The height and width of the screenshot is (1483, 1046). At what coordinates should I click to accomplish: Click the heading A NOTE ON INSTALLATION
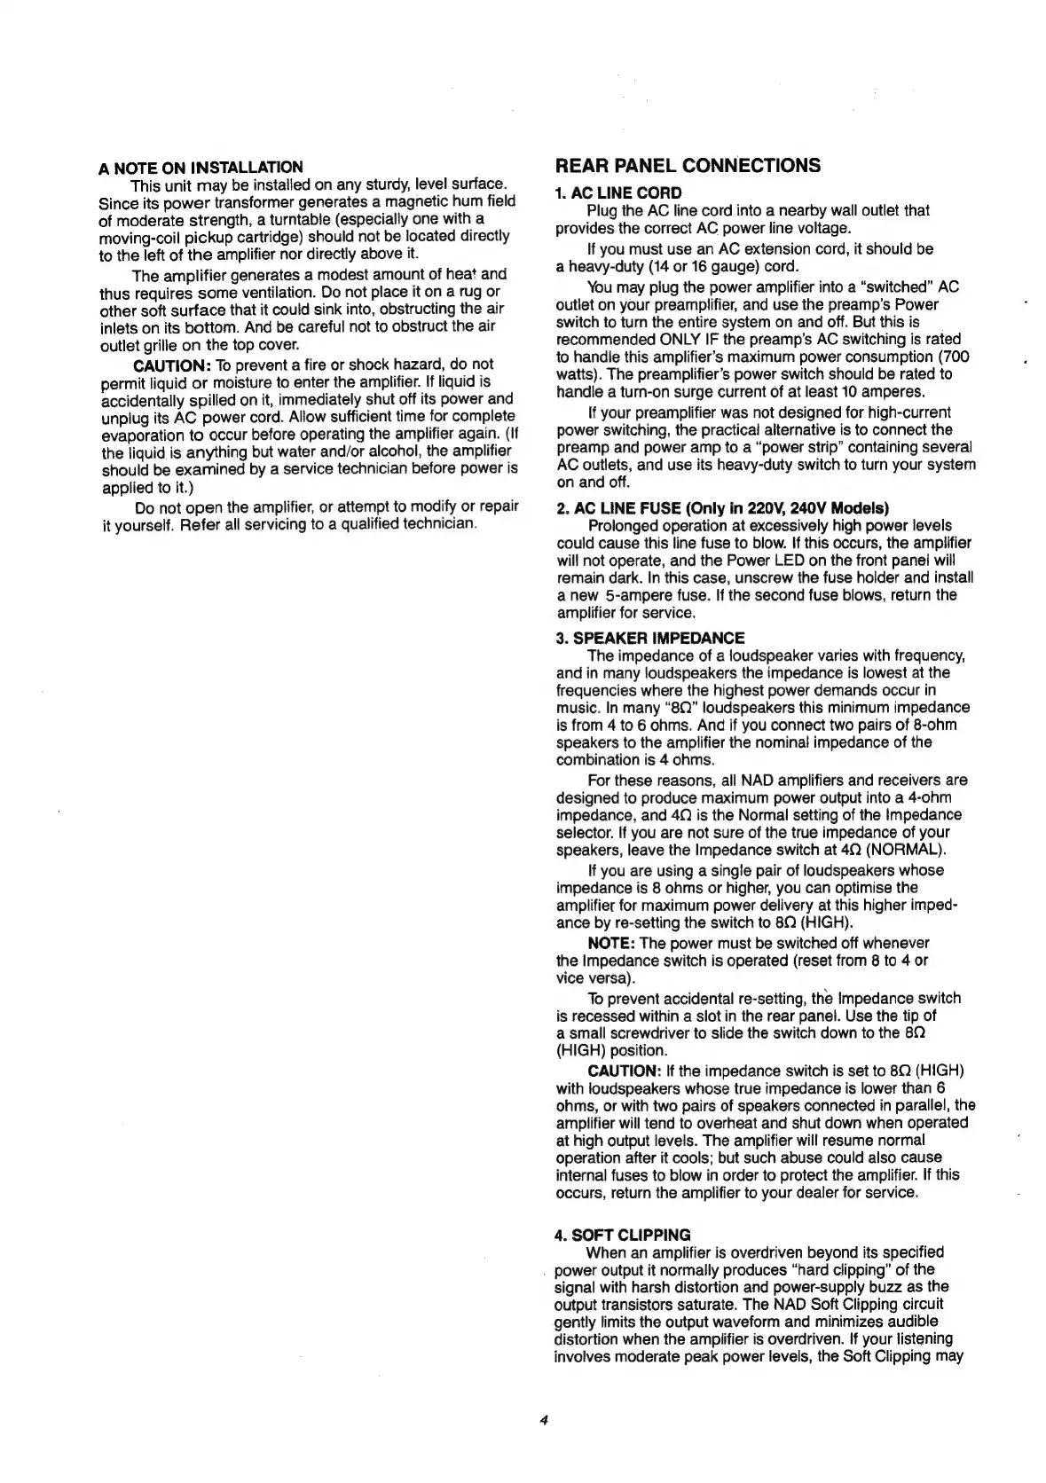click(201, 167)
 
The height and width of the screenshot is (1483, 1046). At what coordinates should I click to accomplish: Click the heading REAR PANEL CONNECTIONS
click(687, 165)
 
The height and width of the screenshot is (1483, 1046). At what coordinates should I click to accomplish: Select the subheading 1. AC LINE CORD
click(618, 192)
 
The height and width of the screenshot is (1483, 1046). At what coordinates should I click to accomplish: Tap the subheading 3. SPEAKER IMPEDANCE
click(650, 638)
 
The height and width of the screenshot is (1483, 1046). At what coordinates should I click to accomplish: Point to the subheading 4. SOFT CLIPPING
click(622, 1235)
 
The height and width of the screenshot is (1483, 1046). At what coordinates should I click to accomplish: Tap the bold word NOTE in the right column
click(610, 943)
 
